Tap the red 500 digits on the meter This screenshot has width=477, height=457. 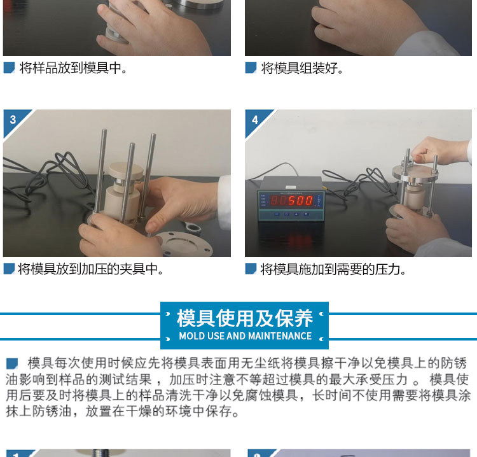[301, 200]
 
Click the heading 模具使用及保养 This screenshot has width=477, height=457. [245, 318]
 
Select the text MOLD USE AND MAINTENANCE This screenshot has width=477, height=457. [245, 336]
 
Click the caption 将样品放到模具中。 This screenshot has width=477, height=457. [73, 67]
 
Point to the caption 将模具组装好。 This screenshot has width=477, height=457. [302, 68]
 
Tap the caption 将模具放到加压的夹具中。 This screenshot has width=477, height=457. [91, 269]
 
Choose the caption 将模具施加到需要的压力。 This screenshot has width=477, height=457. [333, 269]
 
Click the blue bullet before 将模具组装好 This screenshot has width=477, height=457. [251, 67]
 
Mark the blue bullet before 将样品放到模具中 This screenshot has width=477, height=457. [9, 67]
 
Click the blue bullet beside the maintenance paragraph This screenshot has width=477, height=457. [12, 363]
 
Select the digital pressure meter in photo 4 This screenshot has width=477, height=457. [291, 199]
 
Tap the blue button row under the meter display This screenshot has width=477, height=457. [291, 214]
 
